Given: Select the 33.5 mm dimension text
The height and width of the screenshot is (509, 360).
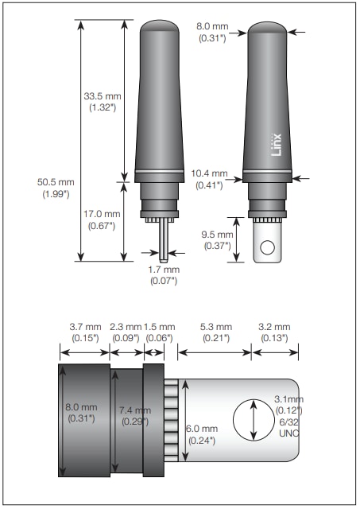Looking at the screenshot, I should (x=99, y=96).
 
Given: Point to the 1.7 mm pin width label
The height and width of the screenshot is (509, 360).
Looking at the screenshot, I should (x=163, y=269).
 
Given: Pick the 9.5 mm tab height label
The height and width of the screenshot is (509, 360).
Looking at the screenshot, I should (x=216, y=235).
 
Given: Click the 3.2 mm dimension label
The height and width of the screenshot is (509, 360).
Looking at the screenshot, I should (x=274, y=327).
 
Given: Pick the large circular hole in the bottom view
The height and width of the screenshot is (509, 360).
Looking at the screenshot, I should (x=253, y=418).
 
